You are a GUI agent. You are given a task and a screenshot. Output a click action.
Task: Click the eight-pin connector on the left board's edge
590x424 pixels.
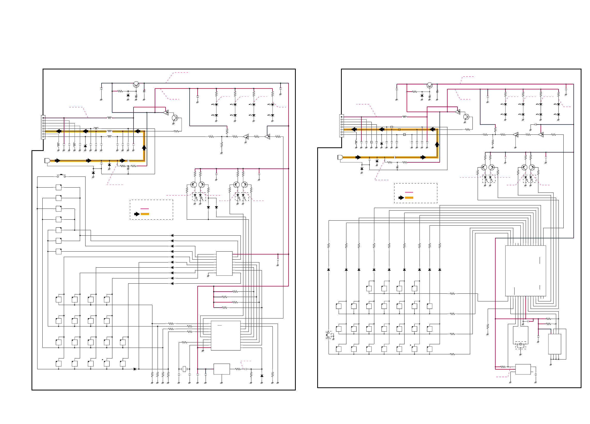pyautogui.click(x=43, y=127)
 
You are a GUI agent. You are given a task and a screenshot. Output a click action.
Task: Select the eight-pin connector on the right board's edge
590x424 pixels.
pyautogui.click(x=341, y=126)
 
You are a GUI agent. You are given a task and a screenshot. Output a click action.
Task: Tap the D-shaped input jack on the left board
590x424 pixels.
pyautogui.click(x=47, y=161)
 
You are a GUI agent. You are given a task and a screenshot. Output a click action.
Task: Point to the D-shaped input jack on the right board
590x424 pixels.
pyautogui.click(x=340, y=157)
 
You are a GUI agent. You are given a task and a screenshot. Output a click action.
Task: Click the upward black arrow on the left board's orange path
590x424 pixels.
pyautogui.click(x=144, y=147)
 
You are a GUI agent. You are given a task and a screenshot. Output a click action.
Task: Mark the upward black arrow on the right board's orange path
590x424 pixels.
pyautogui.click(x=437, y=144)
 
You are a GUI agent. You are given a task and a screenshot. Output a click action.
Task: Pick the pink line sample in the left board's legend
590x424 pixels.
pyautogui.click(x=145, y=209)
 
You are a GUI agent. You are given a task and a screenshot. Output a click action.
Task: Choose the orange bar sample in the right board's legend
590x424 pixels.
pyautogui.click(x=409, y=198)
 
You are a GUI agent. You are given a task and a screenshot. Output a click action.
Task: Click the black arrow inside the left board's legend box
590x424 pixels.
pyautogui.click(x=137, y=214)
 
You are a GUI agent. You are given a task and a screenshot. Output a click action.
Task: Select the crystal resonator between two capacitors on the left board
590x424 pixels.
pyautogui.click(x=184, y=369)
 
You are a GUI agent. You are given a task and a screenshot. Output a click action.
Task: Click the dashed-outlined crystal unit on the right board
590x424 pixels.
pyautogui.click(x=520, y=345)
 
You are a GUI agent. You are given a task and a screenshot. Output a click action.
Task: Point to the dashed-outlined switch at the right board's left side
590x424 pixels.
pyautogui.click(x=329, y=335)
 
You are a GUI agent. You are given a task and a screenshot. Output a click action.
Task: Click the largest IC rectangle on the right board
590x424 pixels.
pyautogui.click(x=525, y=271)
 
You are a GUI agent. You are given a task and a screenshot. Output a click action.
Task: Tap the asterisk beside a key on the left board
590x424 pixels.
pyautogui.click(x=103, y=360)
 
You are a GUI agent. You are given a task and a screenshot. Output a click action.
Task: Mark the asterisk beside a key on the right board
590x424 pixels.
pyautogui.click(x=410, y=346)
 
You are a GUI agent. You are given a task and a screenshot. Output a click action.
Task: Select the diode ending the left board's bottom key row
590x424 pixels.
pyautogui.click(x=135, y=369)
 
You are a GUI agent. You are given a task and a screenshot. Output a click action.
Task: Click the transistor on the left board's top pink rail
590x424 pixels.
pyautogui.click(x=136, y=84)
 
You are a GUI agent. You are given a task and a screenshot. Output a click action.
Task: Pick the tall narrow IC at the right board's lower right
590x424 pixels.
pyautogui.click(x=554, y=344)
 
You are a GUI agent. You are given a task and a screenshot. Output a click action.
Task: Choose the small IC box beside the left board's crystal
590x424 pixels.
pyautogui.click(x=222, y=369)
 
